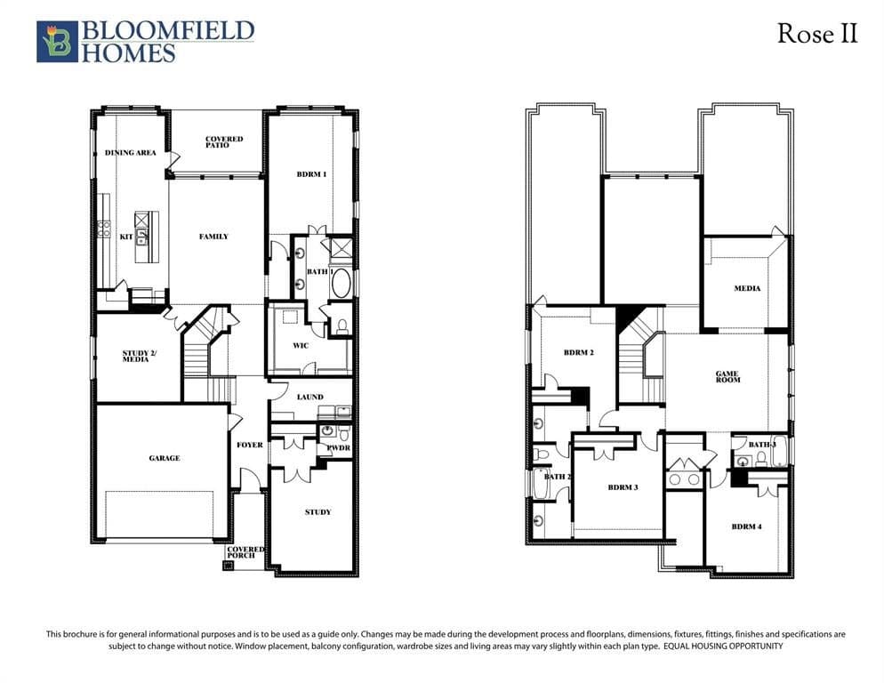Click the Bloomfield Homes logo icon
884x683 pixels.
click(x=57, y=42)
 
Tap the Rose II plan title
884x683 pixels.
click(x=817, y=33)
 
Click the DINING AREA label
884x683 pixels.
click(x=130, y=152)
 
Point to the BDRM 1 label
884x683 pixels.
click(x=312, y=174)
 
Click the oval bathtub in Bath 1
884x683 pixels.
click(x=341, y=283)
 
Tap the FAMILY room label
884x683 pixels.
click(x=213, y=237)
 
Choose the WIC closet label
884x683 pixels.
click(x=301, y=345)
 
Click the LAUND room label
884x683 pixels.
click(x=310, y=397)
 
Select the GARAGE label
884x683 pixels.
click(x=165, y=458)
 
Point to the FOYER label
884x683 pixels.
click(x=250, y=445)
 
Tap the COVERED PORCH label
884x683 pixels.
click(x=245, y=552)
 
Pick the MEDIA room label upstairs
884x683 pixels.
click(x=747, y=288)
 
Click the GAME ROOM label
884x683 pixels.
click(x=727, y=376)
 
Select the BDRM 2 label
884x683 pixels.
click(x=579, y=352)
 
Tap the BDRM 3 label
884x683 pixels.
click(x=623, y=487)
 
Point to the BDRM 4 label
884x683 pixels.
click(x=746, y=526)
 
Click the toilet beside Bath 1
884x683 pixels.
click(x=342, y=326)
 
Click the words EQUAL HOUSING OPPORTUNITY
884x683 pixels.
click(x=723, y=647)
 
